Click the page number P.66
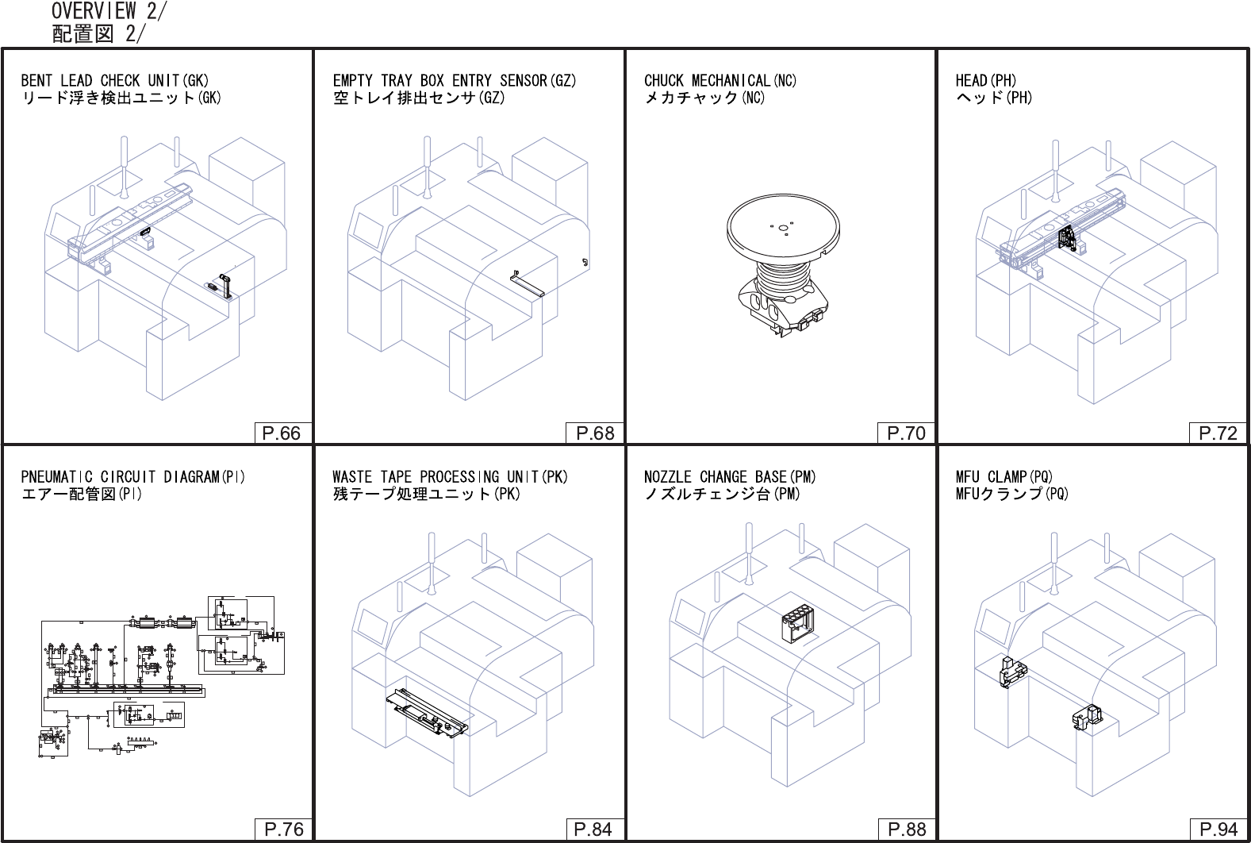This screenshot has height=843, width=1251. (282, 433)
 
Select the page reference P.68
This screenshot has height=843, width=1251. (595, 433)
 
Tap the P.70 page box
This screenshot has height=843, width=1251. (906, 433)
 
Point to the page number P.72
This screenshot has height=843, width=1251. (1218, 433)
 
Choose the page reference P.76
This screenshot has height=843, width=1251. (283, 830)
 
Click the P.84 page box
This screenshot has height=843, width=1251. (593, 830)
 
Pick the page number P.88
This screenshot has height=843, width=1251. (907, 830)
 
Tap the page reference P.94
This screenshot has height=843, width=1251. (1218, 830)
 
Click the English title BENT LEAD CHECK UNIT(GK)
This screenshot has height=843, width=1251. (115, 80)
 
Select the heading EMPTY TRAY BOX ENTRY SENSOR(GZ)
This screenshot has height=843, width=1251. (455, 80)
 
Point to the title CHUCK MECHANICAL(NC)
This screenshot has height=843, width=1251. (720, 80)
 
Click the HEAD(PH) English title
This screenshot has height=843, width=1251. (985, 80)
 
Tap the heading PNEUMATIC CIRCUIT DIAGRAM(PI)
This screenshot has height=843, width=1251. (132, 477)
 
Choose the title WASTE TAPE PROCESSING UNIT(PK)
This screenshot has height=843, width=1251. (450, 477)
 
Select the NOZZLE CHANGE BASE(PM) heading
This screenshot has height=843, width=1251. (729, 477)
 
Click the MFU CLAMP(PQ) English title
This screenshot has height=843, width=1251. (1003, 477)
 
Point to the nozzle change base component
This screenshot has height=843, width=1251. (797, 624)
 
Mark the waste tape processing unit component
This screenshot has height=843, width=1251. (427, 711)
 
